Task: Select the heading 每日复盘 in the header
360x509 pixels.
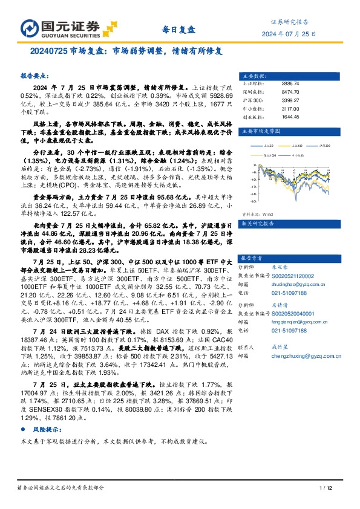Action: [x=180, y=29]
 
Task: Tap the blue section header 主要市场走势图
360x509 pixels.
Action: [x=260, y=130]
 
